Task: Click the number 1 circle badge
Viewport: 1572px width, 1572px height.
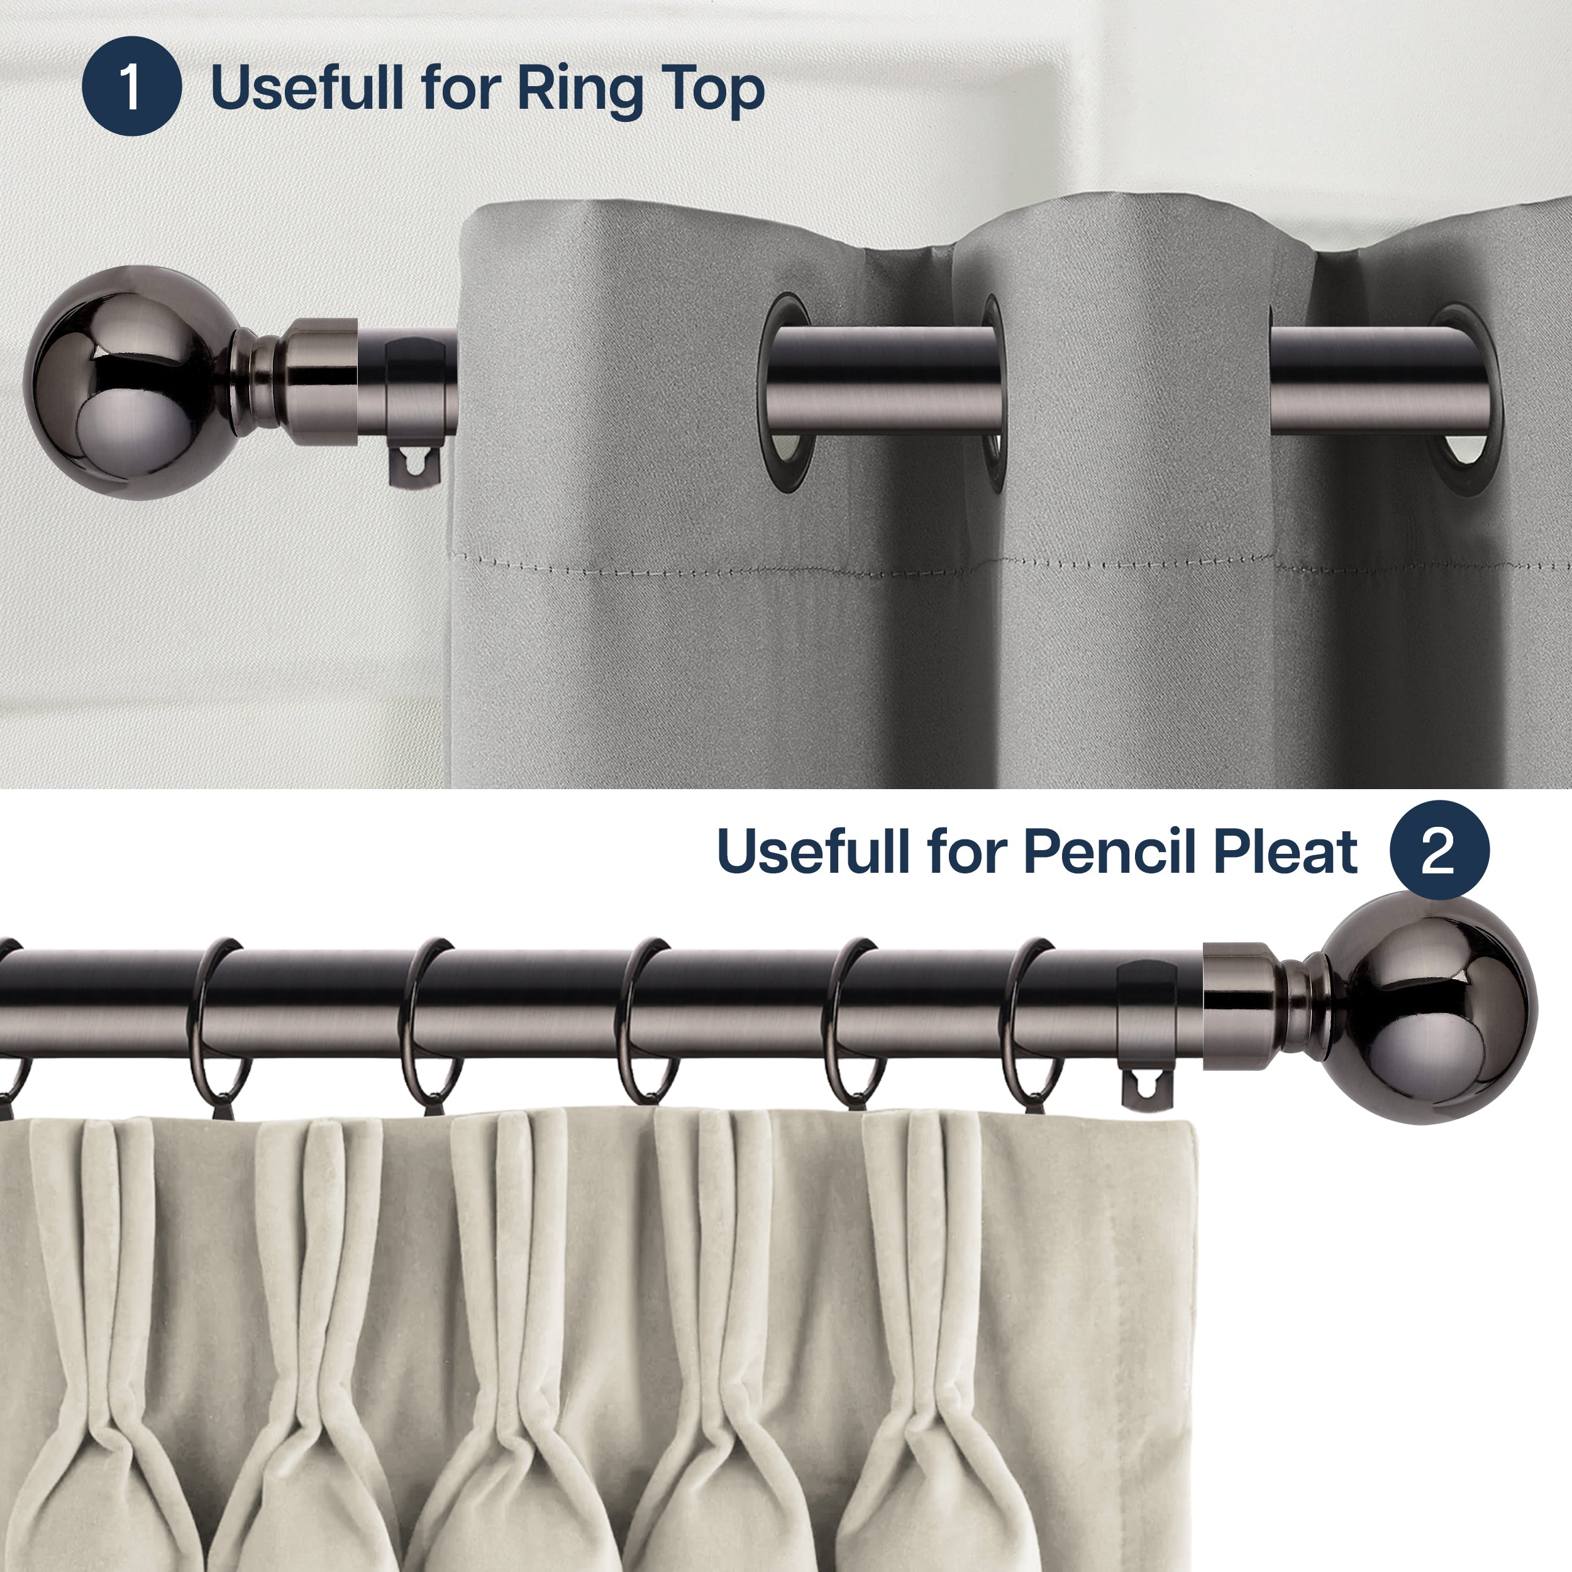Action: pyautogui.click(x=131, y=86)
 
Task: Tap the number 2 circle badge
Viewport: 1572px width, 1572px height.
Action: pyautogui.click(x=1439, y=850)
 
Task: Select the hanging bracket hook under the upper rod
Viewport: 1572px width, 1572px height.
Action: pyautogui.click(x=416, y=466)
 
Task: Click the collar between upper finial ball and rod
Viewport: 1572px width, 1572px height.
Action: pyautogui.click(x=322, y=382)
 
